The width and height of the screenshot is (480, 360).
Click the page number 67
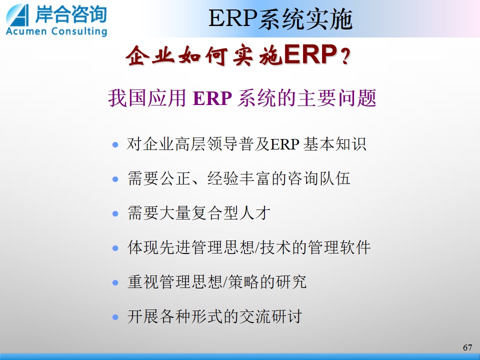click(x=467, y=347)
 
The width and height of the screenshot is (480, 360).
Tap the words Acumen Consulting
click(x=56, y=31)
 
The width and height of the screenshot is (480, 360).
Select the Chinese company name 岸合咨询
click(x=71, y=14)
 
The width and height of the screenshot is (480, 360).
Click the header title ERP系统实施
click(x=280, y=19)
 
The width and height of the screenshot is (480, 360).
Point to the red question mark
click(x=345, y=56)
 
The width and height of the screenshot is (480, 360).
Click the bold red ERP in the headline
click(x=310, y=55)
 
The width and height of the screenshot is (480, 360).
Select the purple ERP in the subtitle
click(x=212, y=98)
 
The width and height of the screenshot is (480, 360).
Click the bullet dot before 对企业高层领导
click(x=115, y=144)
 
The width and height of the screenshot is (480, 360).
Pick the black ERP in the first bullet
click(x=284, y=144)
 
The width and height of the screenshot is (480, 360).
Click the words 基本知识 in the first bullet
click(x=335, y=143)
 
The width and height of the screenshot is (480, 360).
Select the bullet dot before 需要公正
click(x=115, y=179)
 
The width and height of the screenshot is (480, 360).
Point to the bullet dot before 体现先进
click(x=115, y=247)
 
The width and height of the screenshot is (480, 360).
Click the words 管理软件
click(x=339, y=247)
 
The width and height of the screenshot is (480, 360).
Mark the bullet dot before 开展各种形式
click(x=115, y=317)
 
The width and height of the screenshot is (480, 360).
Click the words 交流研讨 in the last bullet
click(x=270, y=316)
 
